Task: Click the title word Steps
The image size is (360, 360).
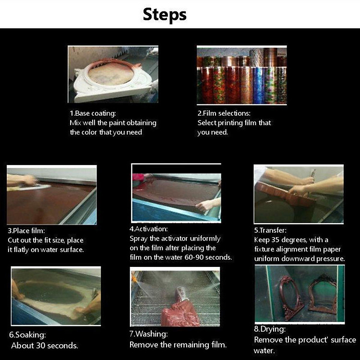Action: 165,15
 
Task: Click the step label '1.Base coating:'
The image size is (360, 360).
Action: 93,113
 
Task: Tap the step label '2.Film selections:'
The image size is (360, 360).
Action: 224,113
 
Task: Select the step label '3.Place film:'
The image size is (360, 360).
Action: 26,230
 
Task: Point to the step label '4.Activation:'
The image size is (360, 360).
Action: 148,229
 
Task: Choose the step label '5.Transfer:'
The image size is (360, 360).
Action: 270,230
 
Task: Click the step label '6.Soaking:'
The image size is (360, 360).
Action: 27,335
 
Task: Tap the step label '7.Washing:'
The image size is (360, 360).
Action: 148,334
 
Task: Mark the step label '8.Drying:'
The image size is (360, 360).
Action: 270,329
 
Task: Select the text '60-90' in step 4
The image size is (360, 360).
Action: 194,257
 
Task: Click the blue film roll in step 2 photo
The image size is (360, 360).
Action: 259,85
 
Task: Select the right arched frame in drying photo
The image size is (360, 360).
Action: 323,295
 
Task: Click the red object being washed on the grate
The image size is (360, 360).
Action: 180,310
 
